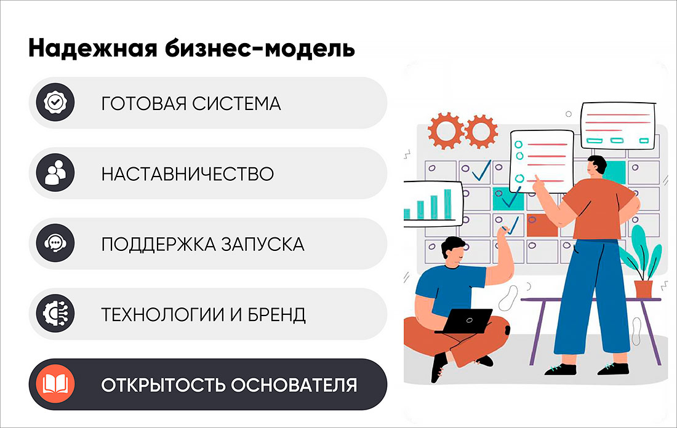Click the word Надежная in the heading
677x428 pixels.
tap(73, 49)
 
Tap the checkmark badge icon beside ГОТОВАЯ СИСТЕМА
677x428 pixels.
tap(55, 103)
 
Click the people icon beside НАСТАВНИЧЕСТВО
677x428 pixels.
tap(55, 173)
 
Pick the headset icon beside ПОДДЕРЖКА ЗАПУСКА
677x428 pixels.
tap(55, 244)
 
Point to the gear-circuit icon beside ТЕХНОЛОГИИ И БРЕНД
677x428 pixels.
tap(55, 314)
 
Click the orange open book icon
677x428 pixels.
tap(55, 385)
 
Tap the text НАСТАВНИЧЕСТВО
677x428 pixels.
tap(187, 174)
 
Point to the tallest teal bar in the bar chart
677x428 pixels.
tap(447, 204)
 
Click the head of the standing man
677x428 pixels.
tap(596, 166)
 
